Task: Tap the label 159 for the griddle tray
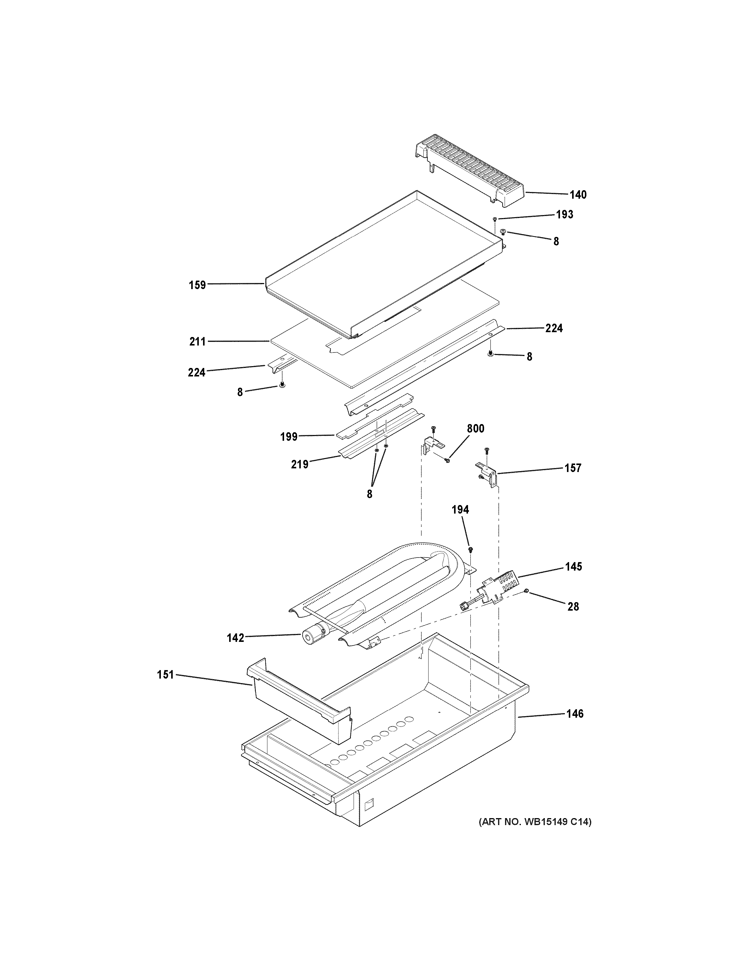pyautogui.click(x=198, y=285)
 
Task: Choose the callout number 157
pyautogui.click(x=573, y=468)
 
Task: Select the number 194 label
pyautogui.click(x=460, y=510)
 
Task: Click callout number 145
pyautogui.click(x=574, y=566)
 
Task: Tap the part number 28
pyautogui.click(x=573, y=606)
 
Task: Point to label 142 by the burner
pyautogui.click(x=236, y=638)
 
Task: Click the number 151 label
pyautogui.click(x=166, y=675)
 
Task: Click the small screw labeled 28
pyautogui.click(x=526, y=592)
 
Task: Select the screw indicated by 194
pyautogui.click(x=470, y=549)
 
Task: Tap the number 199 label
pyautogui.click(x=289, y=437)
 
